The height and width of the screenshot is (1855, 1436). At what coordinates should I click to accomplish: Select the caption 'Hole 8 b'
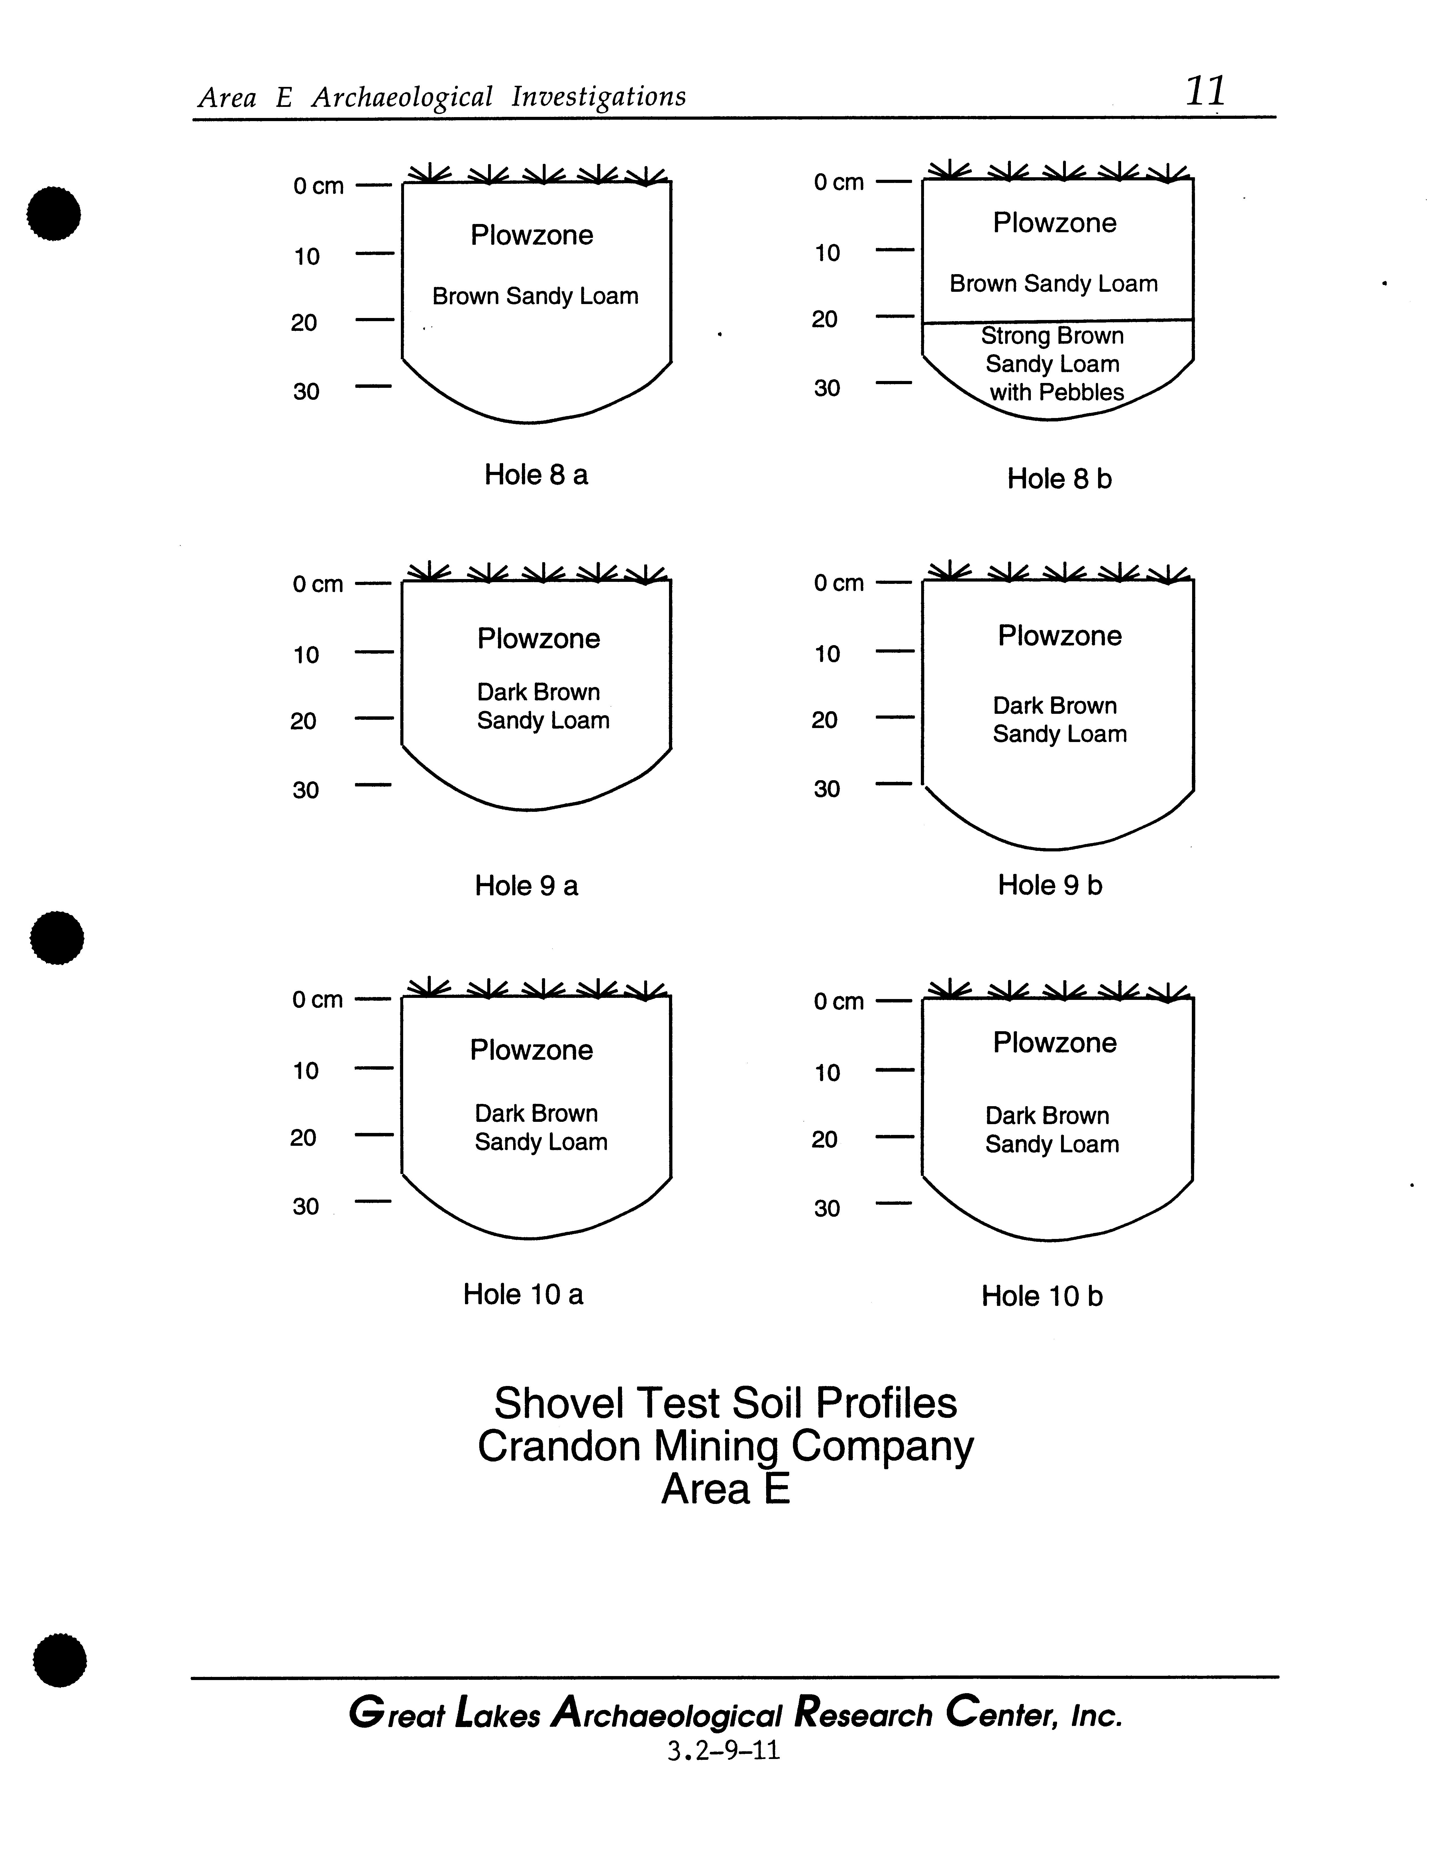pyautogui.click(x=1059, y=479)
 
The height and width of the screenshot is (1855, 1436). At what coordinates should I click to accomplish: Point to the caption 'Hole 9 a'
pyautogui.click(x=527, y=886)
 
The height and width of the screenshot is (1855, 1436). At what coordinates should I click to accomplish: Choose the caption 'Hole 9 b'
pyautogui.click(x=1050, y=885)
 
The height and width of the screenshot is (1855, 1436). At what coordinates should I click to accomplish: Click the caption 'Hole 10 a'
pyautogui.click(x=523, y=1295)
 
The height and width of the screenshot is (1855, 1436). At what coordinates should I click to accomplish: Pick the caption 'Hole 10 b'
pyautogui.click(x=1042, y=1296)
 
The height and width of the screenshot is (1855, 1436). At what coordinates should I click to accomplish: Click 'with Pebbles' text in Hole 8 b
pyautogui.click(x=1056, y=392)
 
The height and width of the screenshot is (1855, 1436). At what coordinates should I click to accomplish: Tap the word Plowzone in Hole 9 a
pyautogui.click(x=538, y=639)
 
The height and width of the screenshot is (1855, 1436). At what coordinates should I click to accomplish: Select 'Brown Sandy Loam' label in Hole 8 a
pyautogui.click(x=535, y=296)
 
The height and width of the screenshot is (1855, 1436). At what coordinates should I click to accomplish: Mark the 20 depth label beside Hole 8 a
pyautogui.click(x=304, y=323)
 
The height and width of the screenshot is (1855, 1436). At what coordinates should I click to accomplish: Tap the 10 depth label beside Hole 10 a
pyautogui.click(x=306, y=1071)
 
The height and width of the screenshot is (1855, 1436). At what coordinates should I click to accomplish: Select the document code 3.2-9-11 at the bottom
pyautogui.click(x=723, y=1751)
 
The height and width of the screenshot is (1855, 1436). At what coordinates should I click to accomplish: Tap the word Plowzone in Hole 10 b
pyautogui.click(x=1055, y=1043)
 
